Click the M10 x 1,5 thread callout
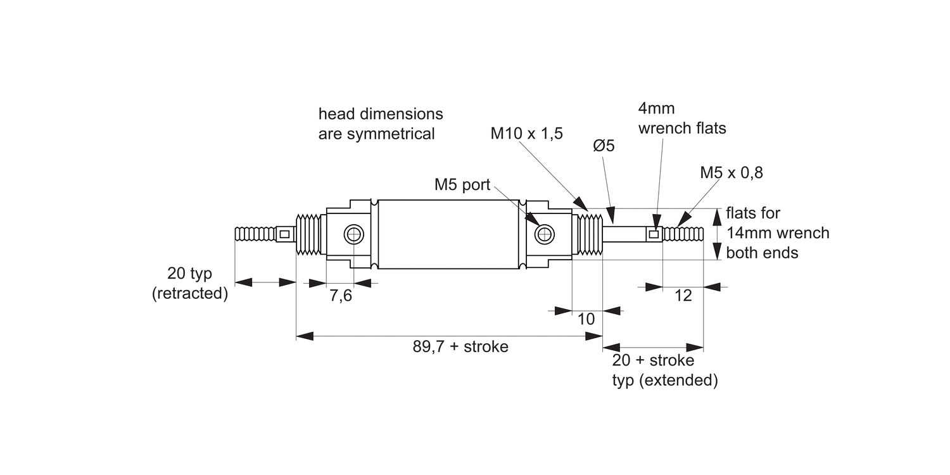(x=526, y=134)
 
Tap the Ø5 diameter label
(x=604, y=146)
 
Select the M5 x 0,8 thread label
(x=731, y=172)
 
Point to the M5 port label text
(x=462, y=184)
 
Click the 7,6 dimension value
(x=341, y=296)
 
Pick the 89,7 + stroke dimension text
(x=460, y=347)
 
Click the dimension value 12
(x=683, y=296)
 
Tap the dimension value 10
(x=587, y=319)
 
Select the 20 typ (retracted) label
(x=190, y=284)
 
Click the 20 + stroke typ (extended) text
(x=664, y=370)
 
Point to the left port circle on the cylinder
(x=353, y=235)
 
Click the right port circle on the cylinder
(x=543, y=235)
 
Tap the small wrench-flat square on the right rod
(x=654, y=234)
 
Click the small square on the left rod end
(x=285, y=234)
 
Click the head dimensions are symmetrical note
(x=381, y=124)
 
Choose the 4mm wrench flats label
(x=682, y=118)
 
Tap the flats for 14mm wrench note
(x=777, y=233)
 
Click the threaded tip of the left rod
(x=256, y=234)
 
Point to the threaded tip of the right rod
(x=684, y=234)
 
